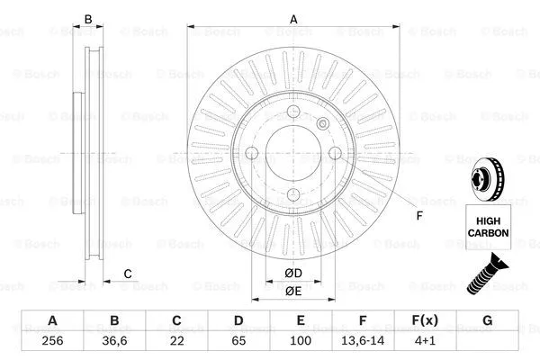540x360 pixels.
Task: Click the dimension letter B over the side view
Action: click(x=87, y=19)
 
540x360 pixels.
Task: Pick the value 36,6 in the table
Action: click(x=114, y=342)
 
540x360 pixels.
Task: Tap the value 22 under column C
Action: click(x=176, y=342)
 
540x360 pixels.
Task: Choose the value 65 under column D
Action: click(x=238, y=342)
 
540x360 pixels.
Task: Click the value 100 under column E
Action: click(x=301, y=342)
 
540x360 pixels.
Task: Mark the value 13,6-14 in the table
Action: click(x=363, y=342)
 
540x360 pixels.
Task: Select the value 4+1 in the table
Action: click(x=425, y=342)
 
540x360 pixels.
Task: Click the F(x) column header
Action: click(x=425, y=320)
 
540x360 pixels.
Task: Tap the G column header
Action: click(x=487, y=320)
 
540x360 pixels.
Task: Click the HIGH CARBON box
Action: click(x=488, y=227)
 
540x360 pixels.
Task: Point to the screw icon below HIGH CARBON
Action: click(x=487, y=274)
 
